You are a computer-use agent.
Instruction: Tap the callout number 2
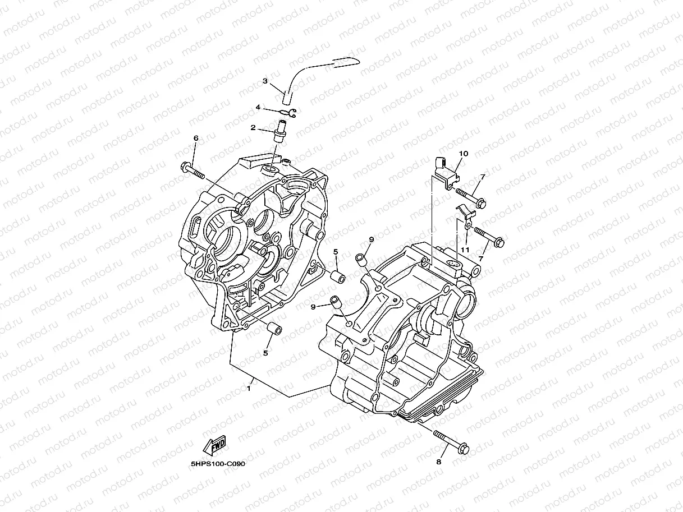(253, 128)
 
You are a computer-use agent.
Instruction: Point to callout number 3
(265, 81)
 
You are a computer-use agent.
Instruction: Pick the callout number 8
(439, 462)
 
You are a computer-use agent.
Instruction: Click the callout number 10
(463, 153)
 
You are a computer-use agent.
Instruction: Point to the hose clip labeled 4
(292, 114)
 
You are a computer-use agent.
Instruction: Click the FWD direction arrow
(214, 446)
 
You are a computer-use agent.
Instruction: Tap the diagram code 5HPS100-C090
(218, 464)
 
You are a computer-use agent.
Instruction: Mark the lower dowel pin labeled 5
(273, 329)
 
